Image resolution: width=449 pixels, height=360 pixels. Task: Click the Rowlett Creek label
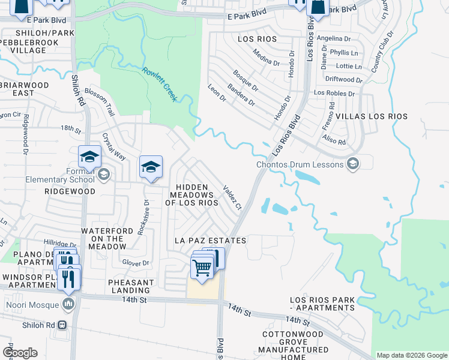[160, 84]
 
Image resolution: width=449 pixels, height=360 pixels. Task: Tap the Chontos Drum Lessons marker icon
[354, 164]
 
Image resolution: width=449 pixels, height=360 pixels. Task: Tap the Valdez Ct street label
[232, 197]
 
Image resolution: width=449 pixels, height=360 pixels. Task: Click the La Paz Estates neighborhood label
[210, 241]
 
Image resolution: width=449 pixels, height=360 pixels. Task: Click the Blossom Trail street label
[100, 101]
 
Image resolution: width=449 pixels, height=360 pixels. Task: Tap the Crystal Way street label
[113, 146]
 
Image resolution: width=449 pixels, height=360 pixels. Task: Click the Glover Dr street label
[135, 263]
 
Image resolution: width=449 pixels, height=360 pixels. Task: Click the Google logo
[20, 353]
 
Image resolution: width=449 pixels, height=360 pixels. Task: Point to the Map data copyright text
[411, 355]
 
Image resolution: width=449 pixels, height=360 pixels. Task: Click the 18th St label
[70, 128]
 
